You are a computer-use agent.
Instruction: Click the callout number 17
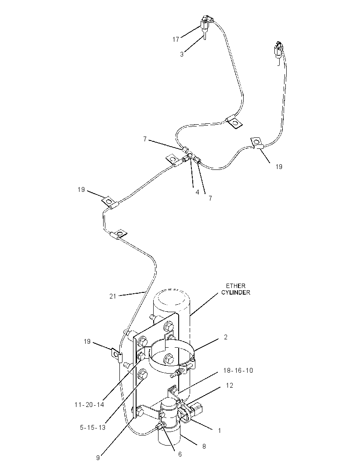(x=176, y=39)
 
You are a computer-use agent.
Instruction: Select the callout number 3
(x=182, y=54)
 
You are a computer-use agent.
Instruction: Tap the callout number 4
(x=197, y=192)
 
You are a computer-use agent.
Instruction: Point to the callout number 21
(x=112, y=296)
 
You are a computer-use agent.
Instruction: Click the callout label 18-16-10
(x=238, y=371)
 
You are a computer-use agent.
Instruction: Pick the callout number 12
(x=229, y=385)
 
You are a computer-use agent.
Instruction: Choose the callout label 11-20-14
(x=89, y=405)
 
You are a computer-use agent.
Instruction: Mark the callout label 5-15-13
(x=93, y=428)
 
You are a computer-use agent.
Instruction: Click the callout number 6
(x=180, y=454)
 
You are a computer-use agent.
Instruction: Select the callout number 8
(x=204, y=446)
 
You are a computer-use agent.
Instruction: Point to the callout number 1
(x=220, y=431)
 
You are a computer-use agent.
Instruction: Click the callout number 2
(x=226, y=337)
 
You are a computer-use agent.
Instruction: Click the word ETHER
(x=235, y=286)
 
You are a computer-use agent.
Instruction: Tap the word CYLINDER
(x=235, y=292)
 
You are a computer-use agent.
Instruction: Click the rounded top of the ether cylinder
(x=172, y=295)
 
